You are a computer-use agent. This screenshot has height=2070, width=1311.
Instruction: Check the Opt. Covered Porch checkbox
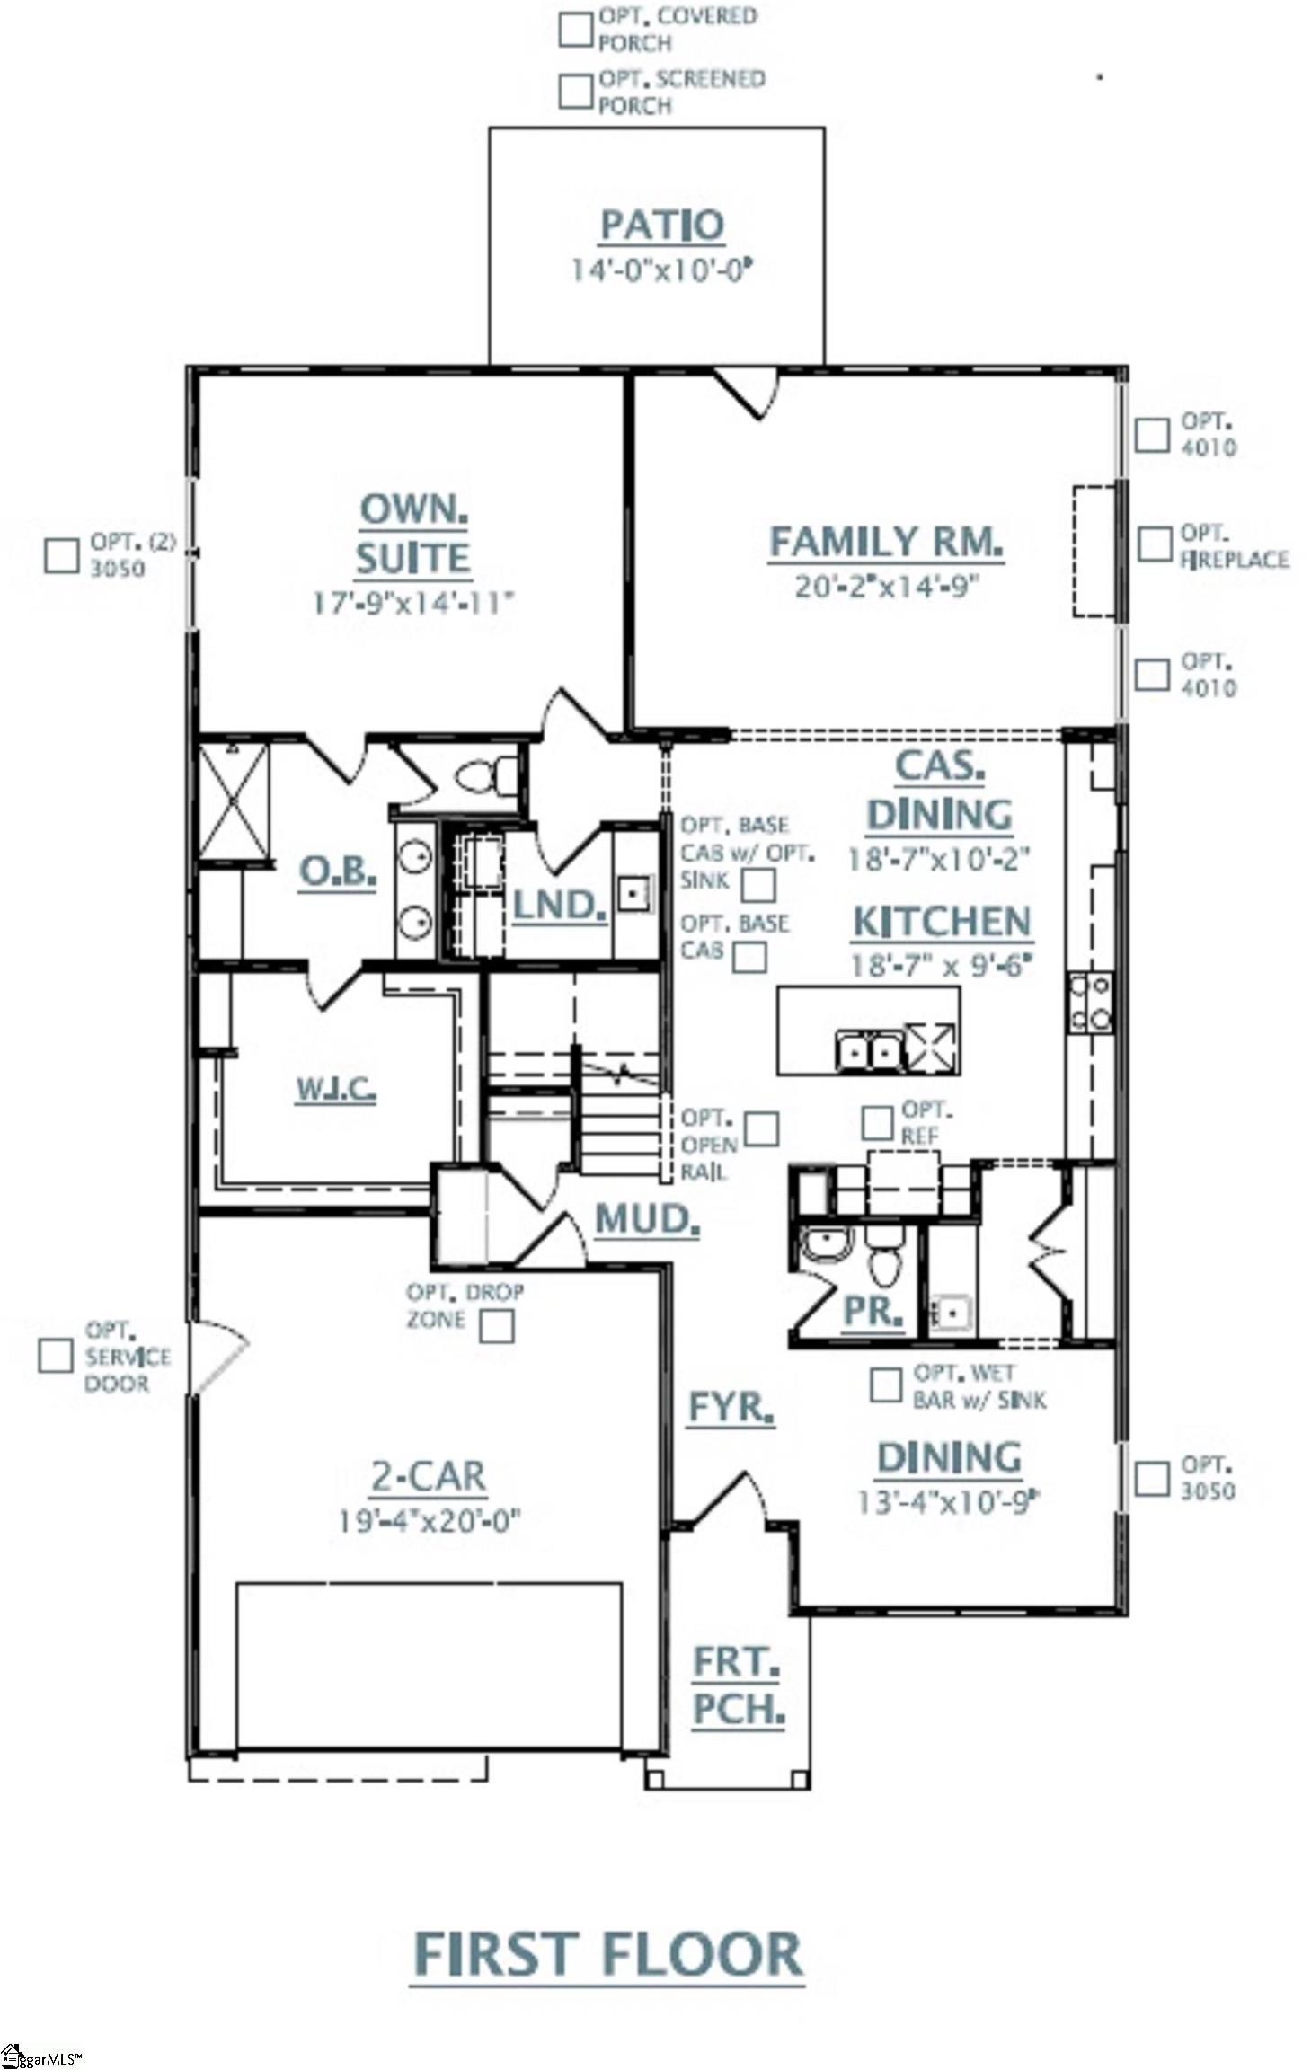click(x=574, y=29)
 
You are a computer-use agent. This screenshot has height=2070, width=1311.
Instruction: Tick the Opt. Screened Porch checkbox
click(x=574, y=92)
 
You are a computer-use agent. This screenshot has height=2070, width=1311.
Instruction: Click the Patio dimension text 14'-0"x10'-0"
click(x=660, y=270)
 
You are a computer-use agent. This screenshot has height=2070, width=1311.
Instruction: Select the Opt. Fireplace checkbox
click(x=1154, y=544)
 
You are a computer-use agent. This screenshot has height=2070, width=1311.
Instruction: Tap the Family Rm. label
click(x=885, y=542)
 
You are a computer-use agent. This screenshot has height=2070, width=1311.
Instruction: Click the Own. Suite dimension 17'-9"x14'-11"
click(x=412, y=601)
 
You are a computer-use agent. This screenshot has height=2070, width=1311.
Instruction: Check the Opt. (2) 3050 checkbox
click(x=61, y=554)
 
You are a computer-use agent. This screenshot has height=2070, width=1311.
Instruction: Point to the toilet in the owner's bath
click(x=486, y=774)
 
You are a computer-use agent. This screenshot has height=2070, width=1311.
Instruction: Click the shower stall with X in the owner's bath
click(x=234, y=800)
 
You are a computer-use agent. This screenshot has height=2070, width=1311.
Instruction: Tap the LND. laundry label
click(x=559, y=905)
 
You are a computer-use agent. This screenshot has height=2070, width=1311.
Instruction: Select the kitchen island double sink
click(x=868, y=1048)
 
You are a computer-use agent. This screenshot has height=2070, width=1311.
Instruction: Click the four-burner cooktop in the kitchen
click(x=1089, y=1004)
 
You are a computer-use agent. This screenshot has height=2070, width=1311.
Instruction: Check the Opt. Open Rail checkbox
click(x=761, y=1128)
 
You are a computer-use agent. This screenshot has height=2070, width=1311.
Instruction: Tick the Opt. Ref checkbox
click(x=876, y=1122)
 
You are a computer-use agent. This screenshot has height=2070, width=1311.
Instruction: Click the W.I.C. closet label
click(x=336, y=1089)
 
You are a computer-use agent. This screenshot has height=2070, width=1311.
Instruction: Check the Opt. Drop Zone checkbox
click(x=496, y=1325)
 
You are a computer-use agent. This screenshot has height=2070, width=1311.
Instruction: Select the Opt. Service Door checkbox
click(x=55, y=1356)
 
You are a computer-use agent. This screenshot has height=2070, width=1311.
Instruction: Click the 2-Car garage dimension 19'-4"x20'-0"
click(x=430, y=1520)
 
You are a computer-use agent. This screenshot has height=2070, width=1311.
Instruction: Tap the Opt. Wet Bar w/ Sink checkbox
click(x=885, y=1384)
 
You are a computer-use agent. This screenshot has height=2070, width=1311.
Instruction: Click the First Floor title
click(x=607, y=1953)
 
